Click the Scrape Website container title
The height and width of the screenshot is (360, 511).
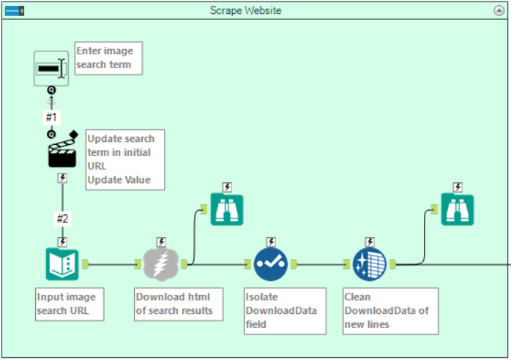tap(245, 10)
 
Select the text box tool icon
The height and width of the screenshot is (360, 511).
tap(51, 69)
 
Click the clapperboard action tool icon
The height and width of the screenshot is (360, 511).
tap(62, 151)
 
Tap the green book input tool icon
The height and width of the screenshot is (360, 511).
tap(62, 264)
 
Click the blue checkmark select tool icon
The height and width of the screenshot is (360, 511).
tap(271, 264)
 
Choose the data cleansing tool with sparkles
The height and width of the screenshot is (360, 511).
tap(370, 264)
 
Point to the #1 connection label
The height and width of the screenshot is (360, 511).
tap(51, 116)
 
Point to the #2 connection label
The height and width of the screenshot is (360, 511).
tap(62, 218)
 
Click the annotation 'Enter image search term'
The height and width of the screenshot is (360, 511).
tap(108, 59)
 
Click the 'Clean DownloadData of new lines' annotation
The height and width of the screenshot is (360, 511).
tap(389, 311)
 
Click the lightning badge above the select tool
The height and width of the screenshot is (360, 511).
tap(271, 241)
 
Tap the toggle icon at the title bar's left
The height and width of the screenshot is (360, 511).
tap(14, 10)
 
